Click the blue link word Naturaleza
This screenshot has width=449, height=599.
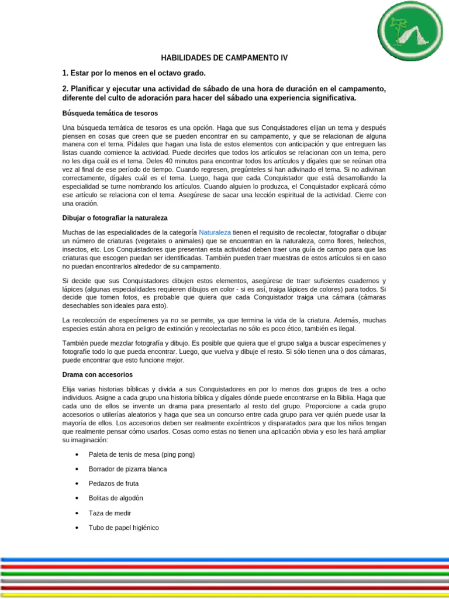[x=215, y=232]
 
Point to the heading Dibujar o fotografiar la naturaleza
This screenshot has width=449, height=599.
[x=115, y=218]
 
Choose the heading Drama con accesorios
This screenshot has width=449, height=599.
[x=97, y=374]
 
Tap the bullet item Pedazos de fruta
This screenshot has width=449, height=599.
[x=113, y=484]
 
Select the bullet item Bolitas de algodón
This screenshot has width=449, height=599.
[x=116, y=498]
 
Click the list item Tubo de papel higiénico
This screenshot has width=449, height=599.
[x=123, y=528]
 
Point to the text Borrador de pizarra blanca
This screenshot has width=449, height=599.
[x=127, y=469]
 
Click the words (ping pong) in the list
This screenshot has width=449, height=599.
[x=174, y=455]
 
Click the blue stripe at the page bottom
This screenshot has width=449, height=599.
[x=224, y=559]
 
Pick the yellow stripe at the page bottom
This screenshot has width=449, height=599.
[x=224, y=594]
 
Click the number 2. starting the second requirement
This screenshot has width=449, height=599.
[x=65, y=88]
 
